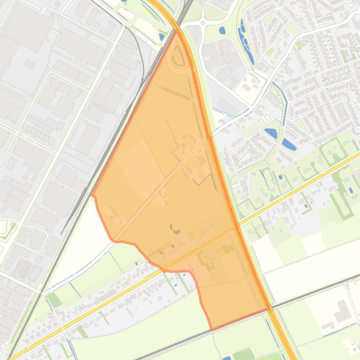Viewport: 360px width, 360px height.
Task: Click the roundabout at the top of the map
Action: coord(203,22)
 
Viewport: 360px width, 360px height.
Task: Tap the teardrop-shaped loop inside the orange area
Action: coord(178,58)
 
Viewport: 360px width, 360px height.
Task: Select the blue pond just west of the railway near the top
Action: coord(162,36)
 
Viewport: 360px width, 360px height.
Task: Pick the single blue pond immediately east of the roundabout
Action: coord(222,31)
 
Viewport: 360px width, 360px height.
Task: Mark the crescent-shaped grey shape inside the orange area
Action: coord(176,229)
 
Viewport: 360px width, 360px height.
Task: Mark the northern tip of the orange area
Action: coord(177,29)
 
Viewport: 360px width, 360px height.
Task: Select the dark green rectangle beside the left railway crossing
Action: coord(54,300)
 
